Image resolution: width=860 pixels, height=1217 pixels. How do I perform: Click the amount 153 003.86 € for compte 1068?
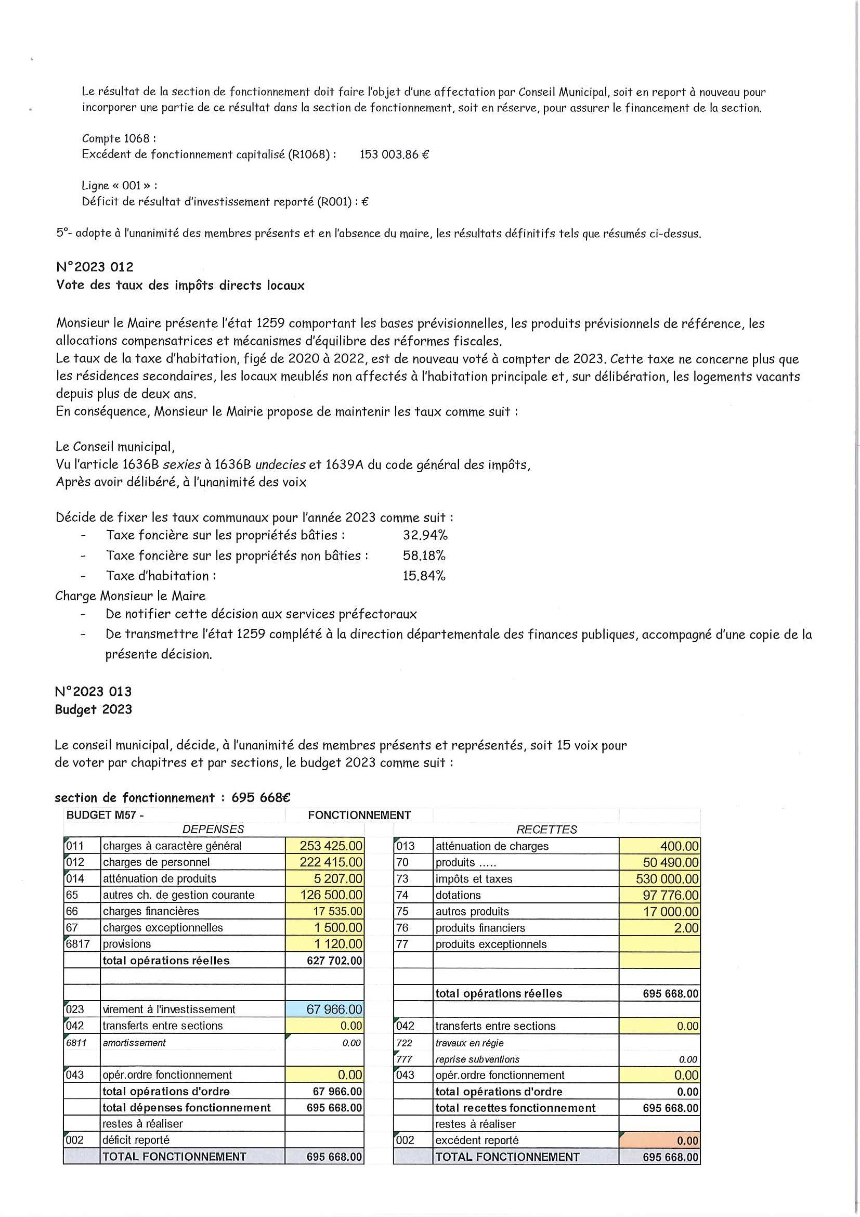(394, 155)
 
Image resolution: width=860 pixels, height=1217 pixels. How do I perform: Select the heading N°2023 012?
(95, 267)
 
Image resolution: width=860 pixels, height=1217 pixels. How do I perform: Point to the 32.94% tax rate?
(425, 535)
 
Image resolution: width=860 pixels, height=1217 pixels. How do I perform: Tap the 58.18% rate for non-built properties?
(424, 555)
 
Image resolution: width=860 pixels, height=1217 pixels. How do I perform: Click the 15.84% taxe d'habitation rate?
(424, 576)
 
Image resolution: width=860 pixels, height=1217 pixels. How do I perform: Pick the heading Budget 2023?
(93, 710)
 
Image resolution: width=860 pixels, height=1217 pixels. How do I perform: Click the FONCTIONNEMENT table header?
(359, 815)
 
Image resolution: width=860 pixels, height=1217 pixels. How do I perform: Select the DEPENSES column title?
(213, 830)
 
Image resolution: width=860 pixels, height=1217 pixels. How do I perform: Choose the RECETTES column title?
(546, 830)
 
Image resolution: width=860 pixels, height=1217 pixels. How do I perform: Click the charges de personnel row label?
(157, 862)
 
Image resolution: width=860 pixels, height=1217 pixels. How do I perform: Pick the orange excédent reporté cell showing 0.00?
(660, 1140)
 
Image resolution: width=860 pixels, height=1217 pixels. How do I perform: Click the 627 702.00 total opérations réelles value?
(334, 961)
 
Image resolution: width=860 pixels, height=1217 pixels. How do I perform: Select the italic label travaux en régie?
(469, 1043)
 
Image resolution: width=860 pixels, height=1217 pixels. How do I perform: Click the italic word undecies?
(280, 465)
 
